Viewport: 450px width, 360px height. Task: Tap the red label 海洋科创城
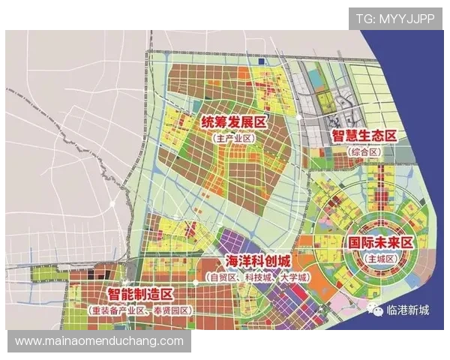pos(259,260)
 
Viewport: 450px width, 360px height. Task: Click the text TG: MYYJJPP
pos(395,18)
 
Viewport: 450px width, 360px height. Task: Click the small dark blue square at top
pos(260,61)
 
